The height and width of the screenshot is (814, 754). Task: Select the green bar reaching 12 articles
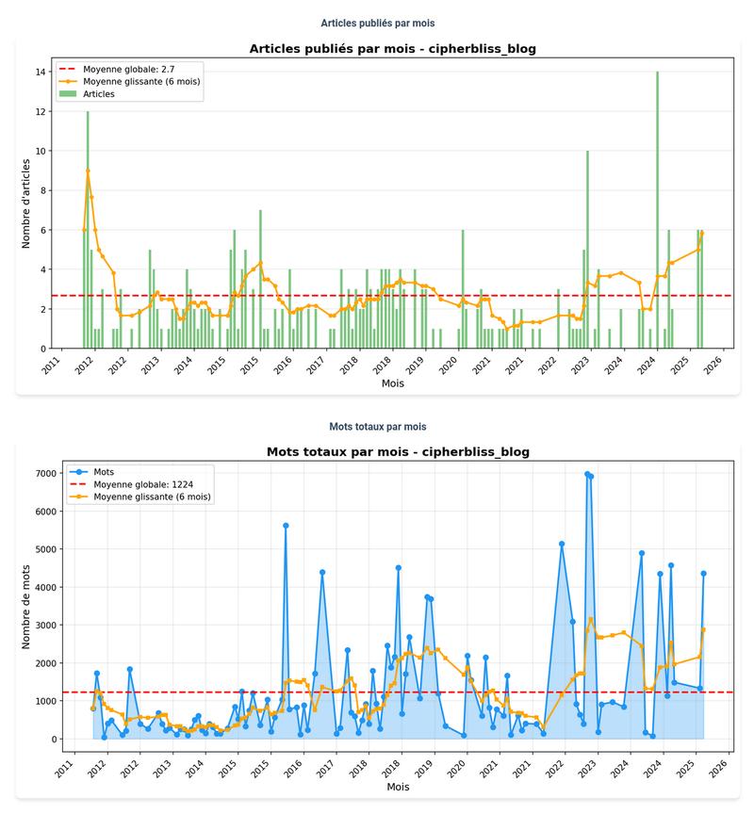coord(88,230)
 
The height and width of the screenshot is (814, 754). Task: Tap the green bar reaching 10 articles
coord(587,250)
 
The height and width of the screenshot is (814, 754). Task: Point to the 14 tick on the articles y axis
coord(43,72)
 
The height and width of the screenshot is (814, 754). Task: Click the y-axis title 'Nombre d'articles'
coord(27,203)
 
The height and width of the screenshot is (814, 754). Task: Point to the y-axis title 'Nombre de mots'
coord(27,602)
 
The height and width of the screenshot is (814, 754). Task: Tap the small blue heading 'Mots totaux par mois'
coord(377,427)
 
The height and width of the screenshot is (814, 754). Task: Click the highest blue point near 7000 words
coord(587,474)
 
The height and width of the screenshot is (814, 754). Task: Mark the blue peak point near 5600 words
coord(286,526)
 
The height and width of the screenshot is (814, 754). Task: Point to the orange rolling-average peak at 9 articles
coord(88,171)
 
